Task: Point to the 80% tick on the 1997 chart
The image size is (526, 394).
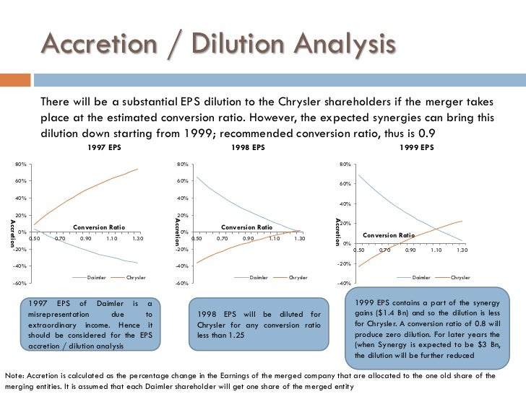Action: point(21,165)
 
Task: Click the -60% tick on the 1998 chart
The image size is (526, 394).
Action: point(183,284)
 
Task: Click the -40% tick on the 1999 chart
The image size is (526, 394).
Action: point(345,284)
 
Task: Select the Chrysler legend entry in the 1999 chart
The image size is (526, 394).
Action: point(460,277)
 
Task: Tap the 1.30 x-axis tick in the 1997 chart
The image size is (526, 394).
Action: point(137,238)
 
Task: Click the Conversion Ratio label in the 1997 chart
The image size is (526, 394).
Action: point(98,227)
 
